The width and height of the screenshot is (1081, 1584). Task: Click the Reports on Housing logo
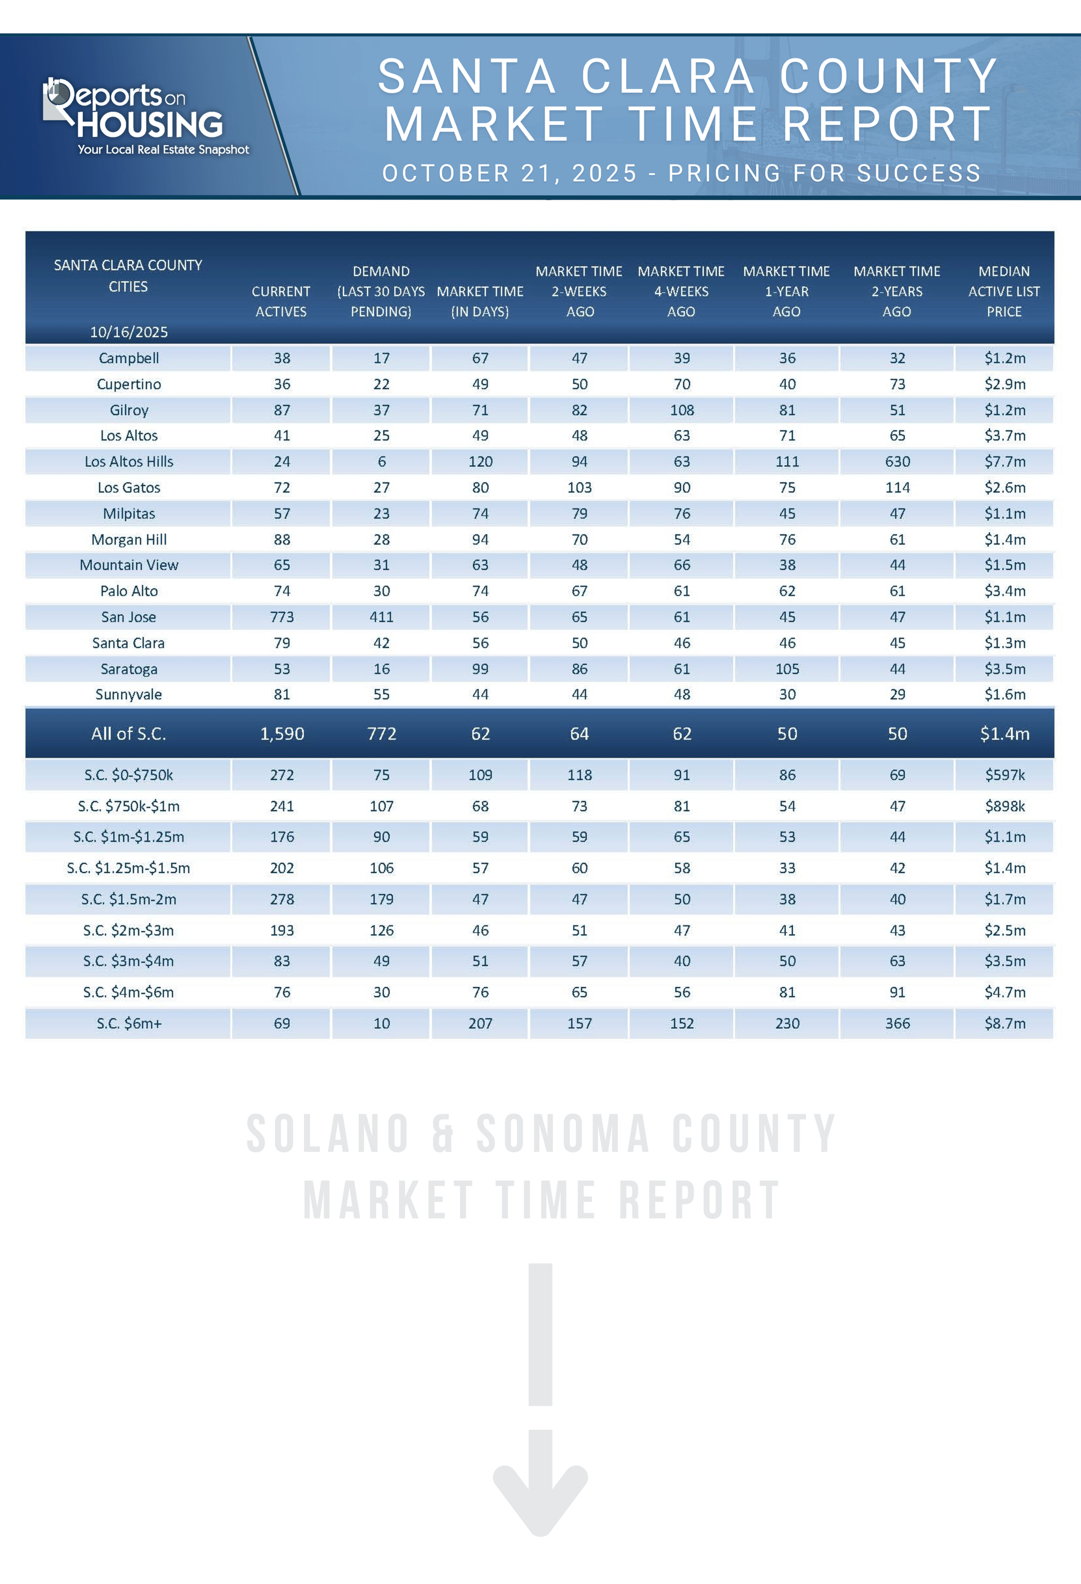coord(146,116)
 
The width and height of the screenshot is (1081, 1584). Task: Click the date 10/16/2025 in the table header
coord(129,332)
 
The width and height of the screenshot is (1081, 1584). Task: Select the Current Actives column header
coord(281,301)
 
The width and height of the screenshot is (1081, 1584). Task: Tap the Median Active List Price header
coord(1004,291)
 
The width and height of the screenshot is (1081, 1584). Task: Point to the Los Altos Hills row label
coord(129,461)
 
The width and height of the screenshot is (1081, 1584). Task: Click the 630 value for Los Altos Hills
coord(897,461)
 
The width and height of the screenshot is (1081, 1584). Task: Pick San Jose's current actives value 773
coord(282,617)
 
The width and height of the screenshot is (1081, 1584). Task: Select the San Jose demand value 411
coord(381,617)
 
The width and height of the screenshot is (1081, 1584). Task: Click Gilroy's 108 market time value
coord(681,410)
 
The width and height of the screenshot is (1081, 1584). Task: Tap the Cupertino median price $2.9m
coord(1004,384)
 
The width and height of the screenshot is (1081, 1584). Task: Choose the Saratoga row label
coord(129,669)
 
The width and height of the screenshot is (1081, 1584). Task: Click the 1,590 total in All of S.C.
coord(282,733)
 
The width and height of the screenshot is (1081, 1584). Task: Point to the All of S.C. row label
coord(129,733)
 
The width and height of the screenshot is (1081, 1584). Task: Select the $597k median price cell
coord(1004,775)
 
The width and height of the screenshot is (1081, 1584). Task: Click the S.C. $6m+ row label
coord(129,1023)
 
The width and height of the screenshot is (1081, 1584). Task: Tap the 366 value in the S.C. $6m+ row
coord(897,1023)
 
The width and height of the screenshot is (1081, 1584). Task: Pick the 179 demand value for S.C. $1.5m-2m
coord(381,899)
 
